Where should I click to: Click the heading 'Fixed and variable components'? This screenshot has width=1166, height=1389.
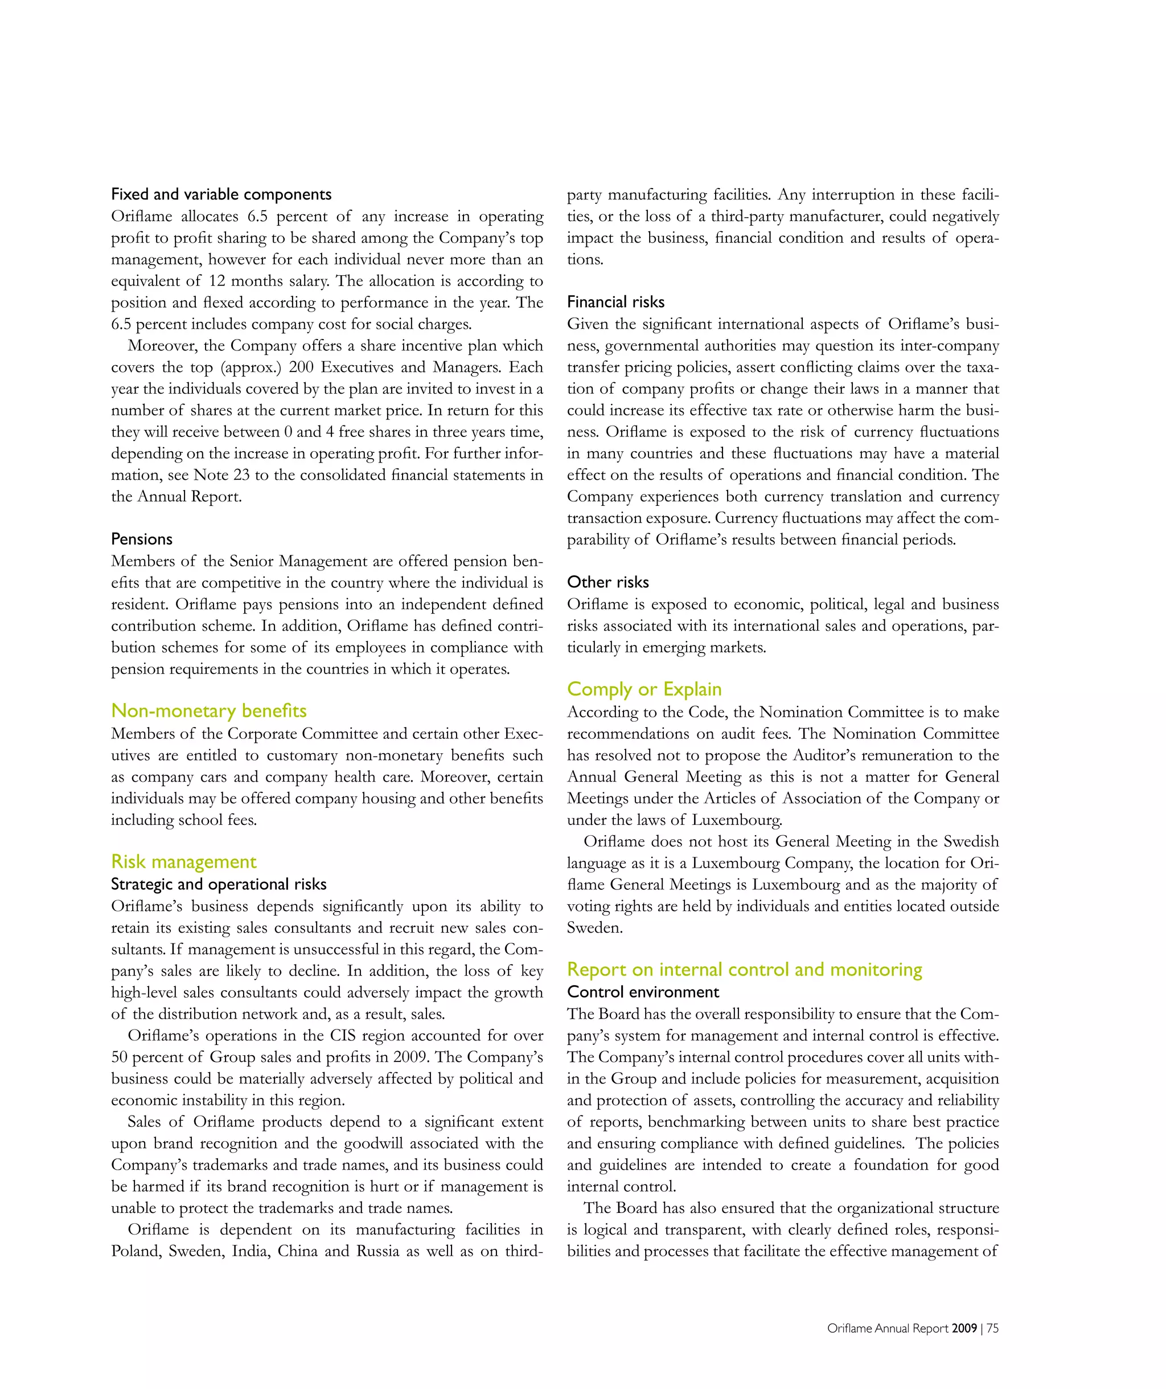(221, 194)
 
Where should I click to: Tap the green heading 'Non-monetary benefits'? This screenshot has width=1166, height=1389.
(209, 711)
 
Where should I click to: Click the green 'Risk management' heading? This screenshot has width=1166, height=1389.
(184, 862)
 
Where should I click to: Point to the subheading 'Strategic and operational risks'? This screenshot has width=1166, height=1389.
(219, 884)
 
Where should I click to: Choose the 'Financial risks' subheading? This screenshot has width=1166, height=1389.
(615, 303)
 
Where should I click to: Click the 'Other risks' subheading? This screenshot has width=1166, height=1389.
(607, 582)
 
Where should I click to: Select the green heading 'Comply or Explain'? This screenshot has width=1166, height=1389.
(644, 689)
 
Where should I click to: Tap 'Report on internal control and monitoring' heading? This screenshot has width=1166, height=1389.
(744, 970)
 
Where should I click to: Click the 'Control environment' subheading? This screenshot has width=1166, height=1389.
(642, 992)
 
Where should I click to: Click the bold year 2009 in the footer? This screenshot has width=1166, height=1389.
(964, 1328)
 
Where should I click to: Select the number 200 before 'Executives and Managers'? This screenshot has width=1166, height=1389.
(301, 367)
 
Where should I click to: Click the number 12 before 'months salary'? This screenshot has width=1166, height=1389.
(217, 281)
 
